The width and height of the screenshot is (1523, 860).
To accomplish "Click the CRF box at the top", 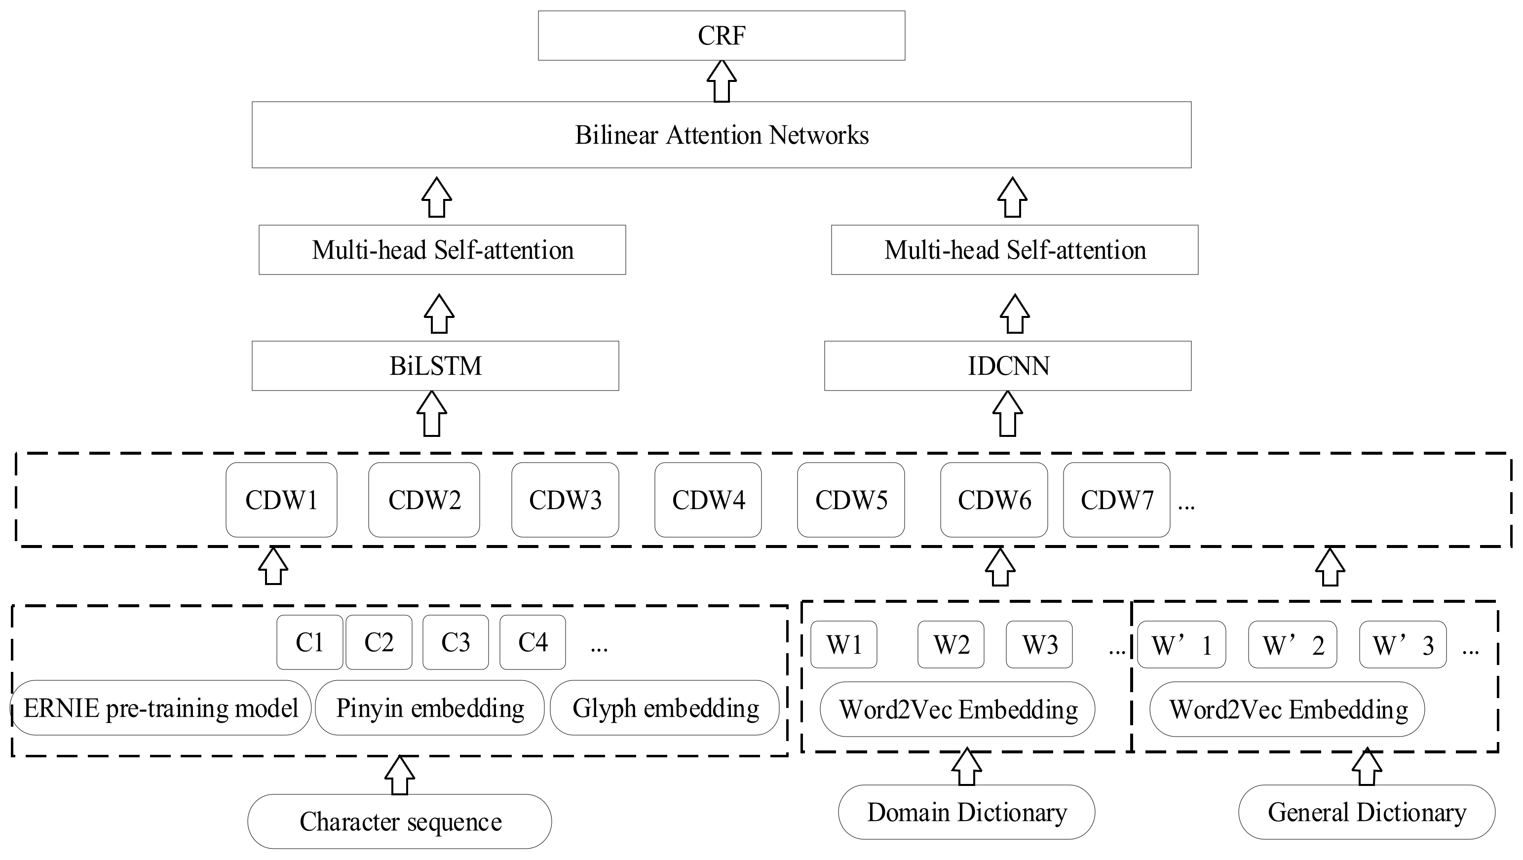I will point(722,36).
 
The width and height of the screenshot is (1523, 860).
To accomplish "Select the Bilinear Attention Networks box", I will point(722,135).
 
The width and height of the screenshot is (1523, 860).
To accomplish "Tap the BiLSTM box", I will point(435,365).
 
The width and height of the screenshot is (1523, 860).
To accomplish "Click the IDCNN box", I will point(1007,365).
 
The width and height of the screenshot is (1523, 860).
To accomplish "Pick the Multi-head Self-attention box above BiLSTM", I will point(442,250).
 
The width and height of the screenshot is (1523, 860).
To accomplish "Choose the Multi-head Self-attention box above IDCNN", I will point(1015,250).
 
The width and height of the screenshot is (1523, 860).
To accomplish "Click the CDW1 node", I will point(281,500).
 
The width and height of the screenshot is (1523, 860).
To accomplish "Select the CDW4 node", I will point(708,500).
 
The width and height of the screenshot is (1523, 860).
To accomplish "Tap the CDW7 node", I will point(1116,500).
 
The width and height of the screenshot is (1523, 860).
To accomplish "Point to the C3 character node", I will point(455,642).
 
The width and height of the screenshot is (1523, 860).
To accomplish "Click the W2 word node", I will point(951,645).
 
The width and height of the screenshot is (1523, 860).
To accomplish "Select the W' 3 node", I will point(1403,645).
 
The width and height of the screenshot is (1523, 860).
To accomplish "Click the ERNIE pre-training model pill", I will point(161,708).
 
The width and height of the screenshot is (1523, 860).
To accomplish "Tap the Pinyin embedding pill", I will point(430,708).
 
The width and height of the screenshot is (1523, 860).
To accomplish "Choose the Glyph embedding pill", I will point(665,708).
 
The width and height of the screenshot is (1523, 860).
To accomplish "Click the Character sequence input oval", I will point(400,821).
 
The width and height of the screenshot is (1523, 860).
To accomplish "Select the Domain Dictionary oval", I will point(966,812).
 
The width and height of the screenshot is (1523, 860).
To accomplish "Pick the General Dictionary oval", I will point(1367,812).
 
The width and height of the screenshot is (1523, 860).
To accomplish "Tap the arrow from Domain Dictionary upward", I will point(966,768).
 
